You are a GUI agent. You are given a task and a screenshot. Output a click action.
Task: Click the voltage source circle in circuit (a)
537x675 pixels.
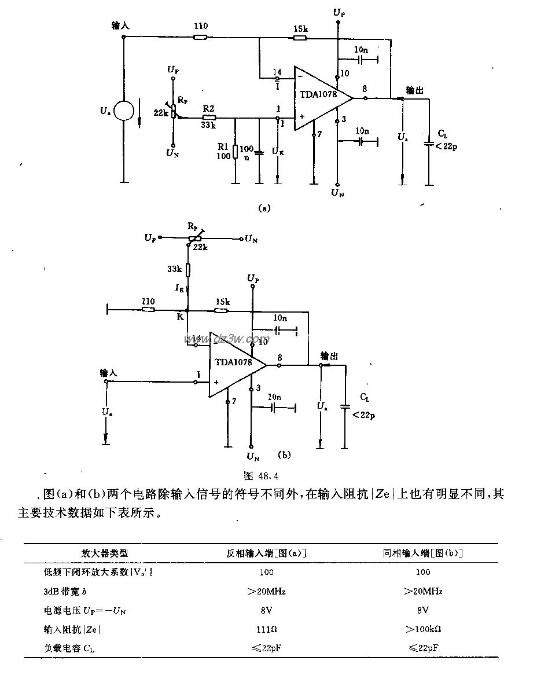click(124, 110)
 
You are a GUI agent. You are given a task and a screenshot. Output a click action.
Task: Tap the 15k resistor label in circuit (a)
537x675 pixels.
click(300, 28)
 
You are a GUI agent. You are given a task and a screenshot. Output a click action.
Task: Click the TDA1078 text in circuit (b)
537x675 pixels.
click(233, 362)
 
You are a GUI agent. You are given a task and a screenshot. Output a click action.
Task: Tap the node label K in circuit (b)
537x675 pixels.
click(180, 317)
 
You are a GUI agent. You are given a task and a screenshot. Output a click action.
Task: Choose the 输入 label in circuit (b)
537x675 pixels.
click(108, 373)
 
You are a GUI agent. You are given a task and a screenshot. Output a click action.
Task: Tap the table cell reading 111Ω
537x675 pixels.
click(266, 629)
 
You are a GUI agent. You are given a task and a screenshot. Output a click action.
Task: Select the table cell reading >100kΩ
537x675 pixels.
click(423, 629)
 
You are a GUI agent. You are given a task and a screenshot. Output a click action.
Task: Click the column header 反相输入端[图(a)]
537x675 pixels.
click(266, 553)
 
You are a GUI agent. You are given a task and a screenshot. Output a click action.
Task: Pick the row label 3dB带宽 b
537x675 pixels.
click(69, 591)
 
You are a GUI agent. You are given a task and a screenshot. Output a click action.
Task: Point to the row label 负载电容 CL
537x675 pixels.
click(69, 649)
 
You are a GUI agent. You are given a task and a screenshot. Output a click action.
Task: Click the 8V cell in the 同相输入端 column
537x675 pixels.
click(423, 610)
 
